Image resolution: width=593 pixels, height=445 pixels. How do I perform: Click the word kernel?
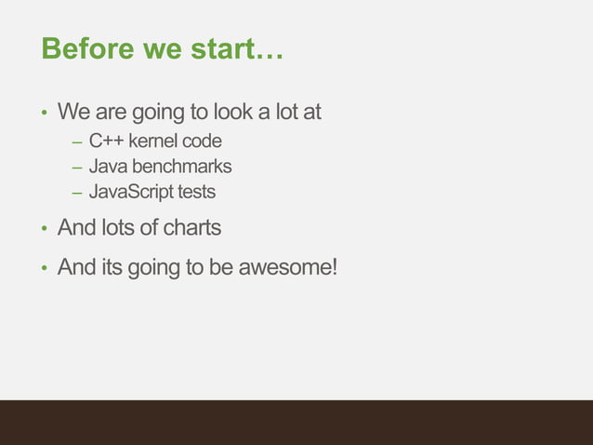(x=152, y=142)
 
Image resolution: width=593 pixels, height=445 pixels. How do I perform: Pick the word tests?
(x=198, y=193)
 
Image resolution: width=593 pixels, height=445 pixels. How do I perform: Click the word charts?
(x=192, y=228)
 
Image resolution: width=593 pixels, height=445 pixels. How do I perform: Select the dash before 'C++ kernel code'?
(x=76, y=143)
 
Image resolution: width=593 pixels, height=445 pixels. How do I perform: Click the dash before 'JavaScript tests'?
(x=76, y=194)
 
